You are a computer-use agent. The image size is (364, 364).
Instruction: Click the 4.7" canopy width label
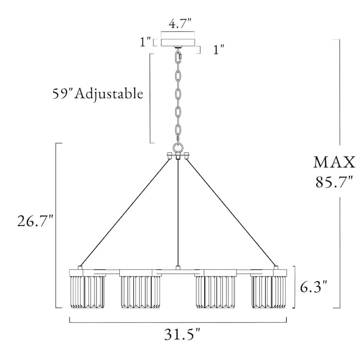pyautogui.click(x=180, y=24)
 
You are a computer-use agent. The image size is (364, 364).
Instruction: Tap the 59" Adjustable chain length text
pyautogui.click(x=98, y=94)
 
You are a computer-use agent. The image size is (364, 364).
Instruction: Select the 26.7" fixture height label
pyautogui.click(x=35, y=221)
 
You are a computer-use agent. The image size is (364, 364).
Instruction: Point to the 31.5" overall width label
pyautogui.click(x=182, y=334)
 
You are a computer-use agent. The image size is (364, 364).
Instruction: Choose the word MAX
pyautogui.click(x=334, y=162)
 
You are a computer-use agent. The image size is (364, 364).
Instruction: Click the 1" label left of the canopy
pyautogui.click(x=145, y=42)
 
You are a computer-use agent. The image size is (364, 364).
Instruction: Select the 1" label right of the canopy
pyautogui.click(x=219, y=50)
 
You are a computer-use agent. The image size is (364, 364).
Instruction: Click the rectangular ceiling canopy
pyautogui.click(x=178, y=42)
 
